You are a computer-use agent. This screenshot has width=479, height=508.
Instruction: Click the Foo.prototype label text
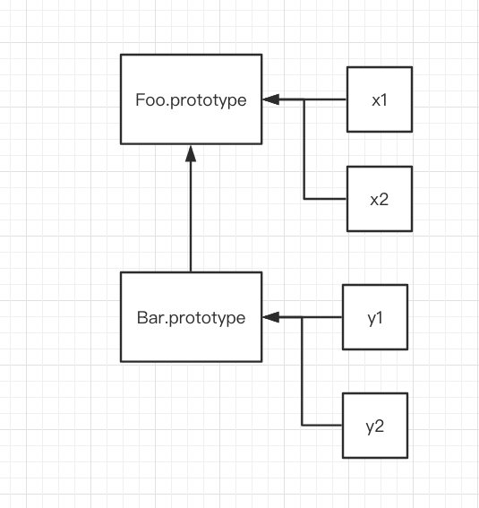191,100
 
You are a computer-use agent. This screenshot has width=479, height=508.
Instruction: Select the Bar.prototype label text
191,318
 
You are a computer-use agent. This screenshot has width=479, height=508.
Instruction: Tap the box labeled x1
380,99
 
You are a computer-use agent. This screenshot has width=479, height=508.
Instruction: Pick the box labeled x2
380,199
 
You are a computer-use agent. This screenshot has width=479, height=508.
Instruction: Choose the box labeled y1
375,317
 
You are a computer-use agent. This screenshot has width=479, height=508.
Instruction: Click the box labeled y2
375,426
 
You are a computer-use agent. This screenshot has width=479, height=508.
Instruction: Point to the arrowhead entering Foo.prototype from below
191,153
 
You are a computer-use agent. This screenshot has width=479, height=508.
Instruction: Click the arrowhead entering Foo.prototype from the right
271,99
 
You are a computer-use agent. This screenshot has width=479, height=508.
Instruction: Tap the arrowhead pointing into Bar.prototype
271,317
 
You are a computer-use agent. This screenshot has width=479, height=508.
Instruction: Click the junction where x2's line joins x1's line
304,99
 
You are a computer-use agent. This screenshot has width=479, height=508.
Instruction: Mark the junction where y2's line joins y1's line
302,317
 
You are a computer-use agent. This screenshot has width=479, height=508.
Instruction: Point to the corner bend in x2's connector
304,199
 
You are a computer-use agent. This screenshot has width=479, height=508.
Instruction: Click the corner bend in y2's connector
302,425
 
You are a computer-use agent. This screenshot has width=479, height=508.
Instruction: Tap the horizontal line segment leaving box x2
325,199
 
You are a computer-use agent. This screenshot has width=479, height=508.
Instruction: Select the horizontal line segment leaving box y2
322,425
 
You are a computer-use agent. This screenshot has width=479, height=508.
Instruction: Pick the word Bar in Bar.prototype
150,317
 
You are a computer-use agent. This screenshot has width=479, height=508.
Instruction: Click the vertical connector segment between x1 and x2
304,149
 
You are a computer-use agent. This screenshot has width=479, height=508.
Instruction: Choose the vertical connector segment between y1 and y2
302,371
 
